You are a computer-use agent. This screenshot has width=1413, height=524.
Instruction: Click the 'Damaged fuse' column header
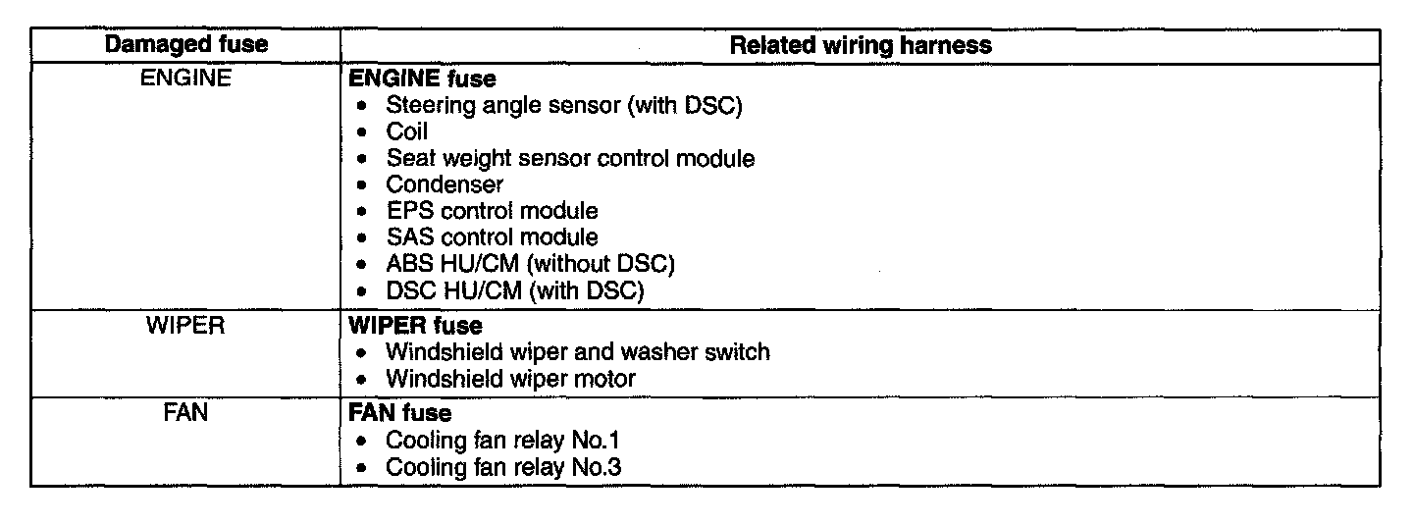[x=185, y=45]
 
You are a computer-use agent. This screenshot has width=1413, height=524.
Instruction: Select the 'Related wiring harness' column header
[x=862, y=45]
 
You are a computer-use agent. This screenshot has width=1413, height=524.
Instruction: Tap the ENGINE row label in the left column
[x=185, y=79]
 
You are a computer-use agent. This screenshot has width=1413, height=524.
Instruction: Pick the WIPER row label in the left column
[x=185, y=325]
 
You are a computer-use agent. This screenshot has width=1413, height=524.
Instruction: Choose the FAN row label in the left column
[x=185, y=413]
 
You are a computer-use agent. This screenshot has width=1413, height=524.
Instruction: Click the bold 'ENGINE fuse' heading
[x=423, y=79]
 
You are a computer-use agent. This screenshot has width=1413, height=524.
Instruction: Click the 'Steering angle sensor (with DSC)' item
[x=563, y=105]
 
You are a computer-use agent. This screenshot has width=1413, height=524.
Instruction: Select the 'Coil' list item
[x=407, y=131]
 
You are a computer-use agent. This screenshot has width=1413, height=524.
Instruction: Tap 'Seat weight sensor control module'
[x=570, y=158]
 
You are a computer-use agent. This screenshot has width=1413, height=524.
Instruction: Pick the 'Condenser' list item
[x=445, y=184]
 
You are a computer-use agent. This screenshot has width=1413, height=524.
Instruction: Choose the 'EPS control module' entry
[x=492, y=211]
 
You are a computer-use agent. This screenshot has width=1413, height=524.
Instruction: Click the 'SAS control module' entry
[x=492, y=237]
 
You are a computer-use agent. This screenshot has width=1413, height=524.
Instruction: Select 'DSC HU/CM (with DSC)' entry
[x=515, y=290]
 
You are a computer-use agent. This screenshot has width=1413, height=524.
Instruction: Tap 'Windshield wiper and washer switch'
[x=578, y=351]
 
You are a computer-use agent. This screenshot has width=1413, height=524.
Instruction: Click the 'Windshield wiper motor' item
[x=511, y=378]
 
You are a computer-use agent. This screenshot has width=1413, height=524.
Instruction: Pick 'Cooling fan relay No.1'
[x=503, y=440]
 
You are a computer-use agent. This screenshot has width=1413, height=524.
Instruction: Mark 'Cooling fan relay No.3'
[x=503, y=466]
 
